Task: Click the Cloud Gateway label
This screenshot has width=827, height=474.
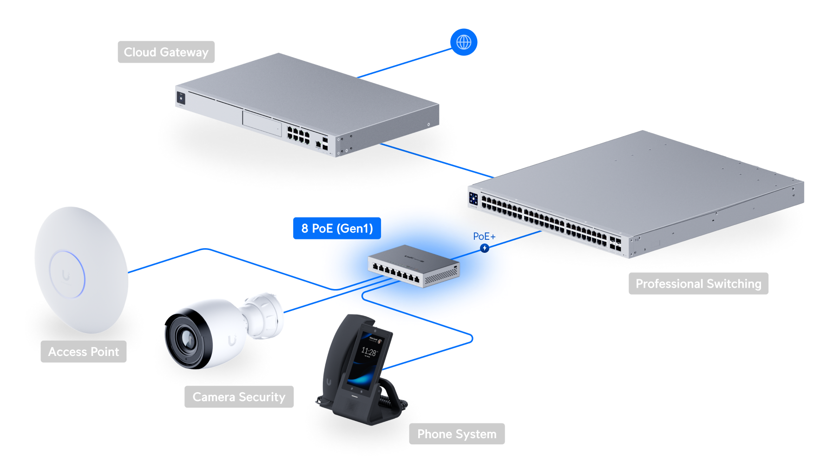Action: point(166,52)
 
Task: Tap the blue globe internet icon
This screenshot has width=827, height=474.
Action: point(464,42)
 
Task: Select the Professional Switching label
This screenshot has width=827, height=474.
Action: point(698,283)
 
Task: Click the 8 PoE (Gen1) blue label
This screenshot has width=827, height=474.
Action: point(337,228)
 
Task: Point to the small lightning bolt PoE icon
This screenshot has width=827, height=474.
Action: point(485,248)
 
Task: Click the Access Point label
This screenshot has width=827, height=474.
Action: point(84,352)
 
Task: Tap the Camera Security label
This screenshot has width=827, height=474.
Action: point(239,397)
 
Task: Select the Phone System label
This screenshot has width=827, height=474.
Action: point(457,434)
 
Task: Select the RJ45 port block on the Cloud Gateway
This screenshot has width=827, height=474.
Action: point(298,134)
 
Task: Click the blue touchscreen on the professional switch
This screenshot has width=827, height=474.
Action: point(473,199)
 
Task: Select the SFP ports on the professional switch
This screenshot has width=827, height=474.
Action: point(615,244)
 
